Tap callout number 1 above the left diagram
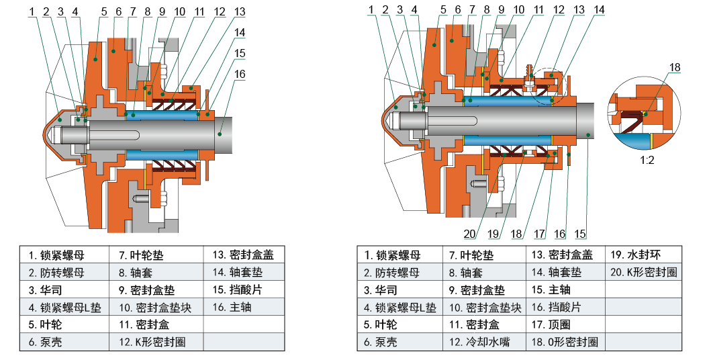[32, 11]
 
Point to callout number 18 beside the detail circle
[674, 66]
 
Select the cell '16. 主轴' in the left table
[232, 308]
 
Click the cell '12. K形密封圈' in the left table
[152, 342]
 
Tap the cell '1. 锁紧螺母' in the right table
[393, 255]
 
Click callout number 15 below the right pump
[580, 234]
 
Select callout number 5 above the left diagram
[104, 11]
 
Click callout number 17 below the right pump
[539, 234]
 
